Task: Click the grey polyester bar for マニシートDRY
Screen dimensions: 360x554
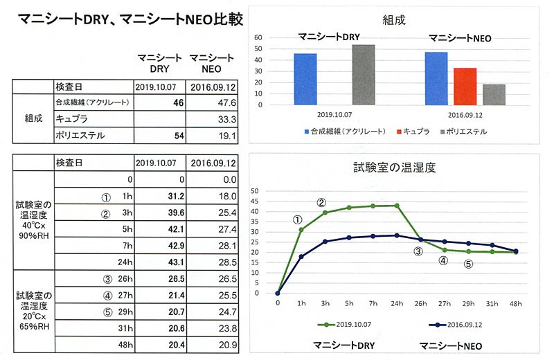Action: [363, 75]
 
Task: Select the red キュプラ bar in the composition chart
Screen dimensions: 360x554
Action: [465, 87]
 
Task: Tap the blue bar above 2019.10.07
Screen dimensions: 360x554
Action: [305, 79]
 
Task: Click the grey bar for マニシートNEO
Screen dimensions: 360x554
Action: [494, 94]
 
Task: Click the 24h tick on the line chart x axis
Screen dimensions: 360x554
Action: [397, 303]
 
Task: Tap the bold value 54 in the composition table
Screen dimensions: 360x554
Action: [178, 136]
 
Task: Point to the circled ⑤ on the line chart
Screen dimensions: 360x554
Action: [468, 264]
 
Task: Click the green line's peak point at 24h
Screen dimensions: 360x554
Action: [397, 205]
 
